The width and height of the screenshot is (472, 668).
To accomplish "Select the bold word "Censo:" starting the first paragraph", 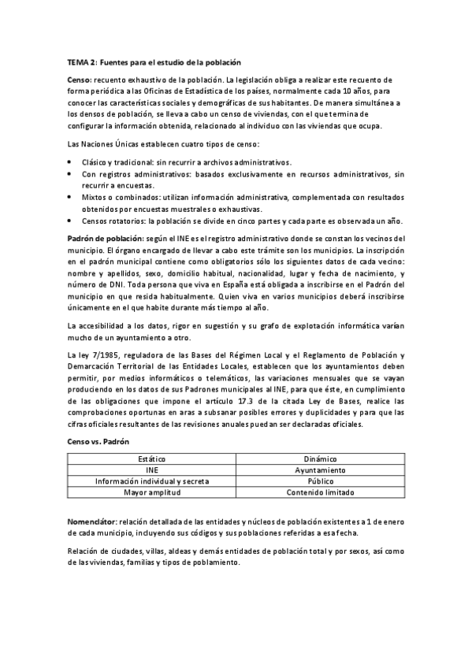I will [x=79, y=80].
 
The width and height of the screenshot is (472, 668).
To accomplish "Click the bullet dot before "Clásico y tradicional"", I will [x=71, y=161].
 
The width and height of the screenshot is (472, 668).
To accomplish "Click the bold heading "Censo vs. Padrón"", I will [x=98, y=441].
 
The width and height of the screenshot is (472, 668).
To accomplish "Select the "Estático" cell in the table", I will [x=152, y=458].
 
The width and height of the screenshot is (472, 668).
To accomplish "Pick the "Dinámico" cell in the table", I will [x=320, y=458].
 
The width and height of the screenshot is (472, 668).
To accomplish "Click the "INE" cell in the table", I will [x=152, y=469].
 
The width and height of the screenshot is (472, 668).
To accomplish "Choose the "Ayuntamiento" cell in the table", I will [x=320, y=469].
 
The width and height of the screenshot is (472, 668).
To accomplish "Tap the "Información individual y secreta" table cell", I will [x=152, y=481].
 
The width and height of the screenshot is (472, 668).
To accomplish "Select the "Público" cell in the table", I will [x=320, y=481].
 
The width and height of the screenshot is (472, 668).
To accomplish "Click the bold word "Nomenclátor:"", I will [x=93, y=522].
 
